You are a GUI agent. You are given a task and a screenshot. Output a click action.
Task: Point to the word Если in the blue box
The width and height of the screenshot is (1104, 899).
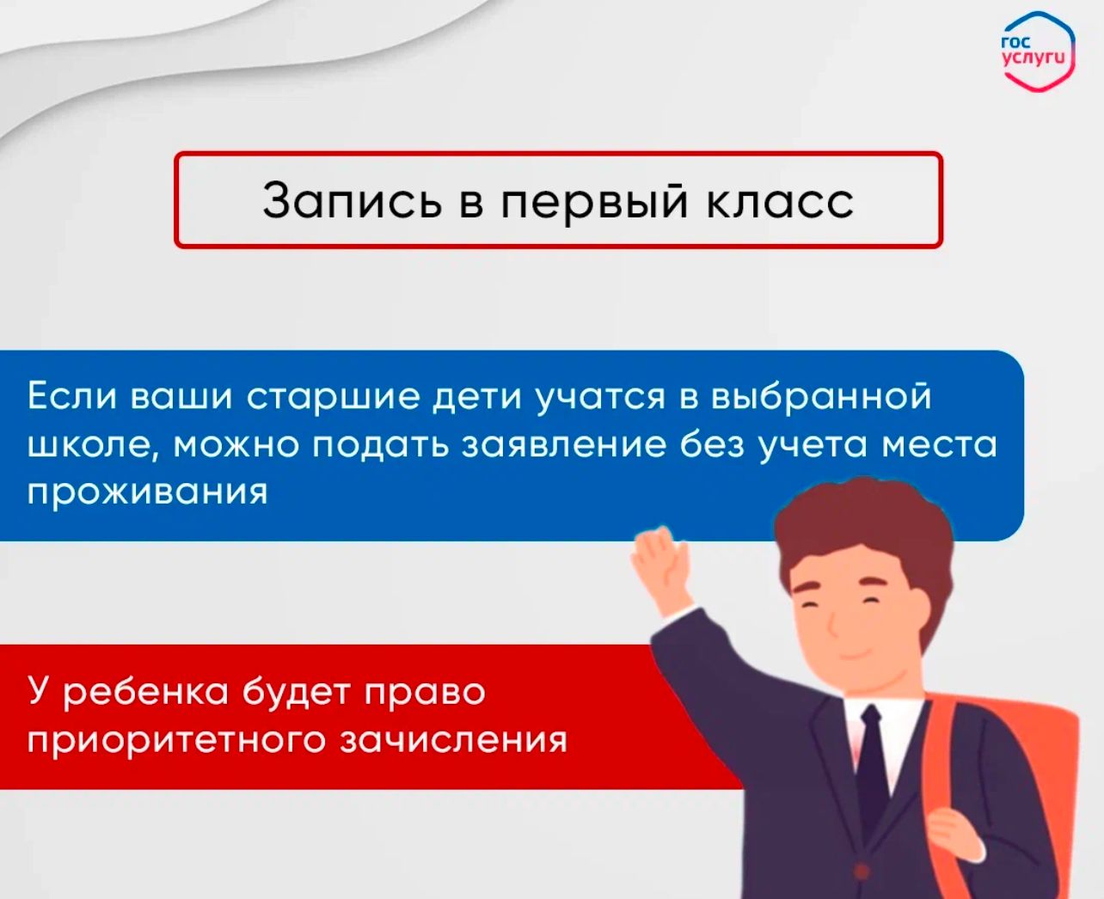tap(72, 396)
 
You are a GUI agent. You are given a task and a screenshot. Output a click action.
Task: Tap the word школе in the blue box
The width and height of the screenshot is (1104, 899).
tap(93, 445)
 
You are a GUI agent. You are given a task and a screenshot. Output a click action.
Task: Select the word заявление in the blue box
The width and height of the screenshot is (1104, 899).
tap(563, 445)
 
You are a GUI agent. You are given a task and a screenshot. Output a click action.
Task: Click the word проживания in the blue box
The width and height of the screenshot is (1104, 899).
tap(148, 492)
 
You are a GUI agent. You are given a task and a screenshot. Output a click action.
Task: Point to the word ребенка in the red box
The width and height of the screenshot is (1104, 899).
tap(145, 691)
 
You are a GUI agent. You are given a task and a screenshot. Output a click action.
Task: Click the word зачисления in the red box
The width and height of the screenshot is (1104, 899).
tap(453, 741)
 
